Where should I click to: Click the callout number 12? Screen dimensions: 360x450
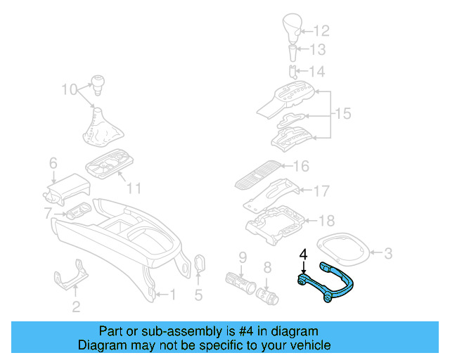pyautogui.click(x=321, y=31)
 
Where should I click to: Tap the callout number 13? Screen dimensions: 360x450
pyautogui.click(x=319, y=50)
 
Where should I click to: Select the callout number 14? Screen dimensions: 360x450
pyautogui.click(x=319, y=72)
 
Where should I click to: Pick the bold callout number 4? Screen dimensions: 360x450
pyautogui.click(x=303, y=254)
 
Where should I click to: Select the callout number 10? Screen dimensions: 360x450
pyautogui.click(x=68, y=89)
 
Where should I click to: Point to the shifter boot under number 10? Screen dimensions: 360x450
pyautogui.click(x=96, y=130)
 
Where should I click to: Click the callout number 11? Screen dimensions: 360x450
pyautogui.click(x=134, y=188)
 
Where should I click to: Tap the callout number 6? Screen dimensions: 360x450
pyautogui.click(x=53, y=164)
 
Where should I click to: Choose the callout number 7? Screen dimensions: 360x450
pyautogui.click(x=47, y=212)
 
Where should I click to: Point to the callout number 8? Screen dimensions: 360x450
pyautogui.click(x=267, y=267)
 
